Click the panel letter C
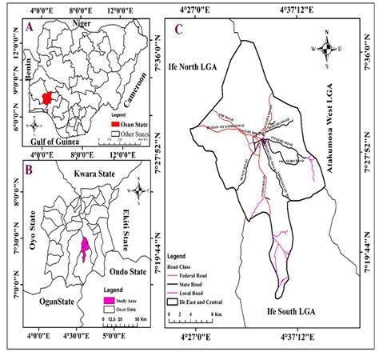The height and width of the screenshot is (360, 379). (178, 33)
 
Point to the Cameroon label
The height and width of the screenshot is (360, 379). (138, 90)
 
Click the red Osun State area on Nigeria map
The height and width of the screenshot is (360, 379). (49, 98)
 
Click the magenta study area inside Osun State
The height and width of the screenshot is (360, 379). (85, 249)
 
